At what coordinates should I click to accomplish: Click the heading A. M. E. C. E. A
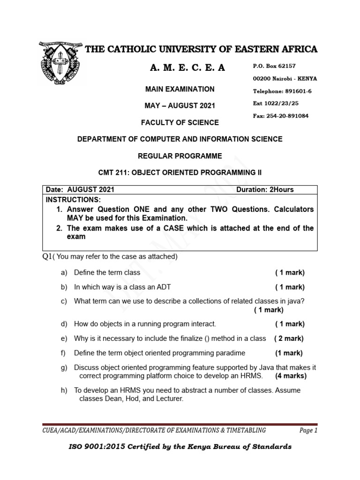(187, 68)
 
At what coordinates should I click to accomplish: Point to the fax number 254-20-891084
(288, 116)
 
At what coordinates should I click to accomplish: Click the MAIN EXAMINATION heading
(180, 89)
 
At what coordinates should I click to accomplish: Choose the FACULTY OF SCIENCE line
(180, 123)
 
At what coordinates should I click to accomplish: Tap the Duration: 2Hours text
(265, 190)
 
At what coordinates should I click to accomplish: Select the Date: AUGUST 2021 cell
(80, 190)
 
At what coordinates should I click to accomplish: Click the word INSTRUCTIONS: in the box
(73, 200)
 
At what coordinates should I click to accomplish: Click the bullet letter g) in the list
(64, 367)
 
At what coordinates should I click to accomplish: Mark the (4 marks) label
(291, 376)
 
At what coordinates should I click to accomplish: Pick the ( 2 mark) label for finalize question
(289, 338)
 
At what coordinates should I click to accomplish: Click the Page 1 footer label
(308, 430)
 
